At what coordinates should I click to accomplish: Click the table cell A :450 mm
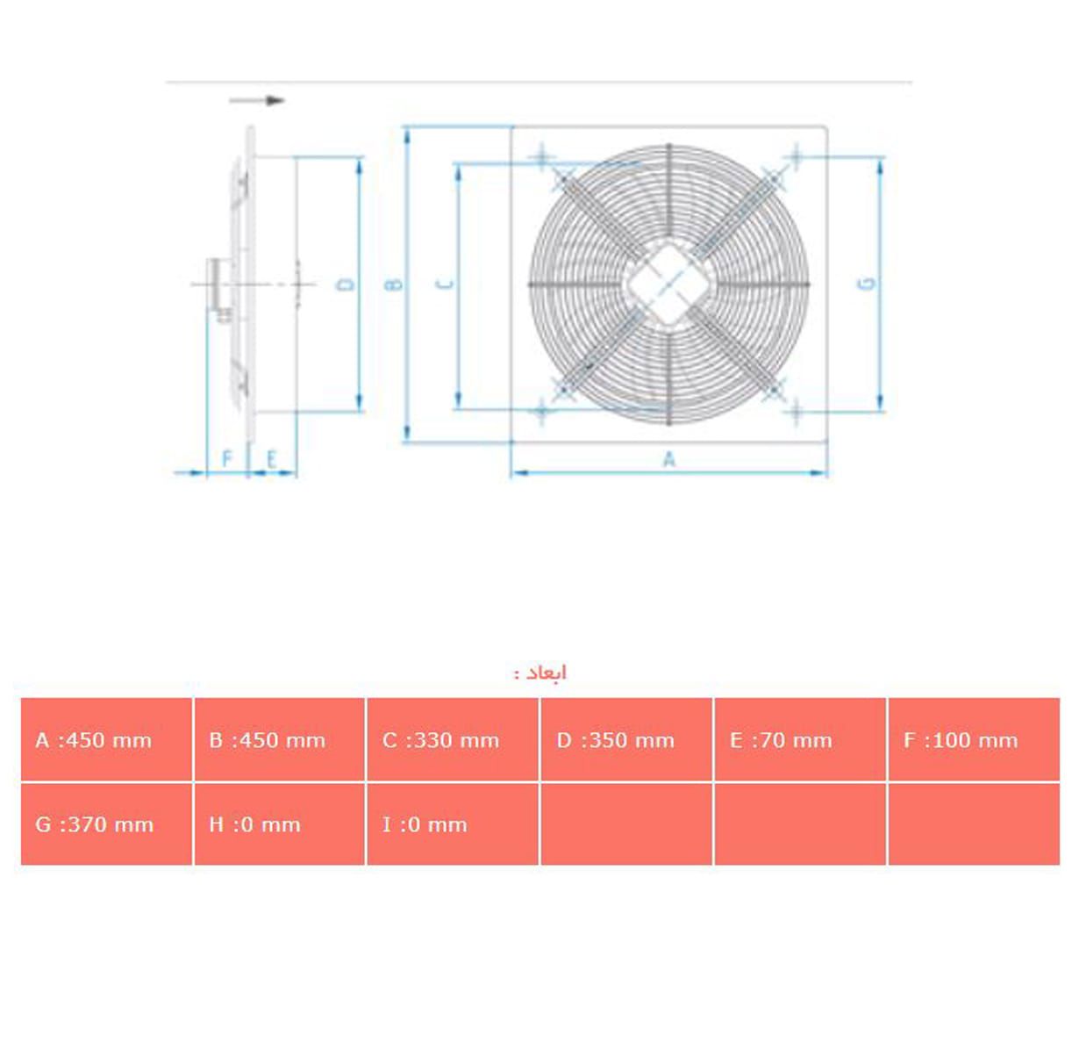click(106, 739)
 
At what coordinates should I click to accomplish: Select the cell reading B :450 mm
click(279, 739)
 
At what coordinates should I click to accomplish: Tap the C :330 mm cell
click(452, 739)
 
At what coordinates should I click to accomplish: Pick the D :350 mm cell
click(625, 739)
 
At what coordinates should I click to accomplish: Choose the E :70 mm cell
click(799, 739)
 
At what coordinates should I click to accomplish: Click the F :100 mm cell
click(973, 739)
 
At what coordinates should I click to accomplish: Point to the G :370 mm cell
click(106, 824)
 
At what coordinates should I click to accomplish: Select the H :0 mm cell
click(279, 824)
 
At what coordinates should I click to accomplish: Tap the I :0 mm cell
click(452, 824)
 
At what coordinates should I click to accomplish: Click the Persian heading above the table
click(540, 673)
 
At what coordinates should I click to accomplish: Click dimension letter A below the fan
click(669, 459)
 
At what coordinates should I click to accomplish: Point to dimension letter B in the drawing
click(395, 284)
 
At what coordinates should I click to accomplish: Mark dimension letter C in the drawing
click(446, 284)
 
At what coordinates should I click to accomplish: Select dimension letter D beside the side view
click(347, 284)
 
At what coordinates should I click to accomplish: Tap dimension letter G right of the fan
click(868, 283)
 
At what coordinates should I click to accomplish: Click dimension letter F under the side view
click(227, 459)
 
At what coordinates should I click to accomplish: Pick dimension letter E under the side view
click(272, 459)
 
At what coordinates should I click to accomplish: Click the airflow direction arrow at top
click(257, 100)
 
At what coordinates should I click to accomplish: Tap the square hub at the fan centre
click(668, 284)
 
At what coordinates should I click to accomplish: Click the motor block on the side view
click(219, 284)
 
